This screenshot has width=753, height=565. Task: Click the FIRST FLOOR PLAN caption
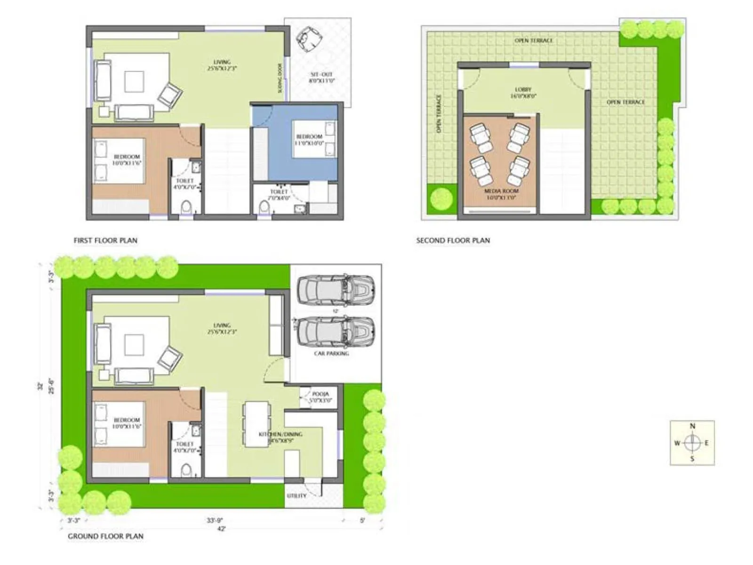105,241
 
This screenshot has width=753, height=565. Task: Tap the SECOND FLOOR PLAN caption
453,241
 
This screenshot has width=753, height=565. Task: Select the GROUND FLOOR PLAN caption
105,536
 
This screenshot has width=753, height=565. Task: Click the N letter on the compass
692,426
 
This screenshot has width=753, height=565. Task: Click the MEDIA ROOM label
501,191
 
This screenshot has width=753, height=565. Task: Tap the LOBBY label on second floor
523,89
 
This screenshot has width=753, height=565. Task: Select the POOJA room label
320,394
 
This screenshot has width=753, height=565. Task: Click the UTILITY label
296,496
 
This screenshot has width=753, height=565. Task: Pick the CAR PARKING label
331,353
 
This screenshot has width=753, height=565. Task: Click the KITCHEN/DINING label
280,434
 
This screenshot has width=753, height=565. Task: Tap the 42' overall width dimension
221,529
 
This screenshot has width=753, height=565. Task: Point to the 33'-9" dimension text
215,521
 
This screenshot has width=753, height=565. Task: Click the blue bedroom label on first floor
309,137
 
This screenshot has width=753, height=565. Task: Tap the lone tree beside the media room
441,198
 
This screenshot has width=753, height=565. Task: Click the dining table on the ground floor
256,424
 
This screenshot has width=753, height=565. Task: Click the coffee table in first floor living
134,81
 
